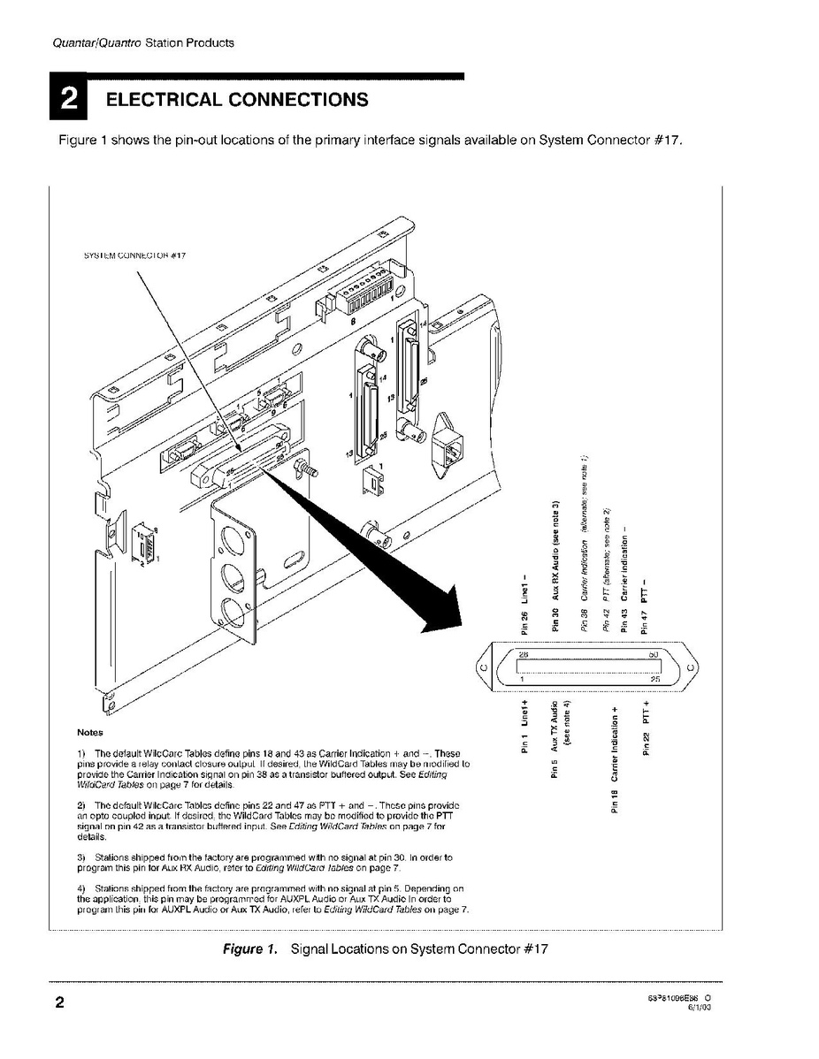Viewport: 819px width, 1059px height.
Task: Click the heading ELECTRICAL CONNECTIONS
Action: [236, 99]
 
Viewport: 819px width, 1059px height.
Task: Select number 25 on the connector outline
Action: [654, 679]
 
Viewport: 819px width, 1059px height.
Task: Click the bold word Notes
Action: [90, 732]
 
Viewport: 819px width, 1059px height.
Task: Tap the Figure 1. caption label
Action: [249, 949]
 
